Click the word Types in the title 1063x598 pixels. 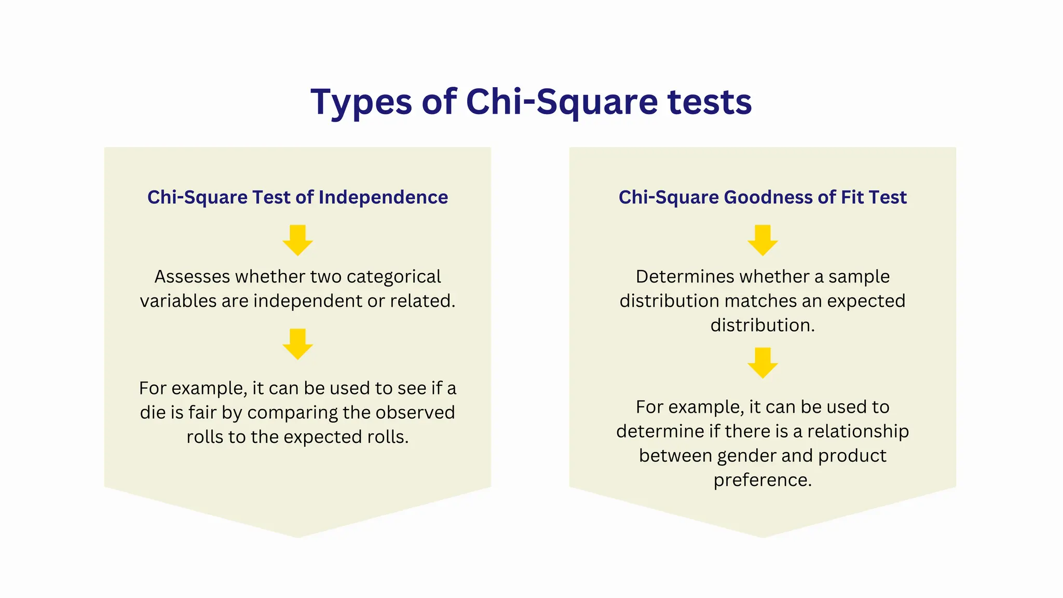[x=361, y=102]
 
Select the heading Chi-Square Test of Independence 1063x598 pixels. [x=297, y=197]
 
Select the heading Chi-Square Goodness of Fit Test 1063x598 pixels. [x=762, y=197]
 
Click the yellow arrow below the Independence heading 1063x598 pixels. [x=297, y=240]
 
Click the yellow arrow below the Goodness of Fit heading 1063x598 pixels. [x=762, y=240]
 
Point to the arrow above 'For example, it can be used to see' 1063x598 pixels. [x=297, y=344]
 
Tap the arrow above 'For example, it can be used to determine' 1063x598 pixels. [x=762, y=362]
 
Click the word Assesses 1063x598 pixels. [x=192, y=277]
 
